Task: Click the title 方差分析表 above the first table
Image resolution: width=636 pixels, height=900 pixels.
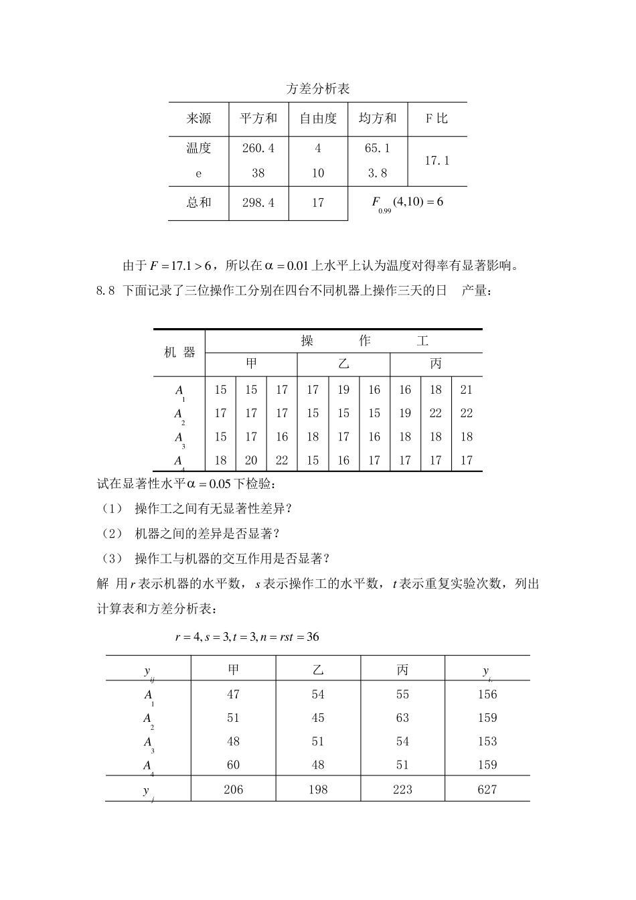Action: point(318,88)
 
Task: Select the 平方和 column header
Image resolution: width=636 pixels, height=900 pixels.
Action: point(258,119)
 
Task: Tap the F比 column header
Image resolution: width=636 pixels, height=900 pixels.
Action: point(436,119)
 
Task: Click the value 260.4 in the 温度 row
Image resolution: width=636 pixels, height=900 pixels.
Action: point(258,148)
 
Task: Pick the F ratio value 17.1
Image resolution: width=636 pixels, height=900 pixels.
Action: point(437,161)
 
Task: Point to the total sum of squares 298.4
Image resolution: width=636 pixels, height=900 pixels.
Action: point(258,202)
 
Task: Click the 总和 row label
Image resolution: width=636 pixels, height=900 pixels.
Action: point(199,202)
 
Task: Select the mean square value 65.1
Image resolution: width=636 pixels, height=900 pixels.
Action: point(378,148)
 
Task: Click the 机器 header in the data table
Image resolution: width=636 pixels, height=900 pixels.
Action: point(179,352)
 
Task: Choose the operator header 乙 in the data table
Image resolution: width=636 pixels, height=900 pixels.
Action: point(343,364)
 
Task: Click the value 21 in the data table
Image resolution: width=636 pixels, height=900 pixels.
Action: point(467,390)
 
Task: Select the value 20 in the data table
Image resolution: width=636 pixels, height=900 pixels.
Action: point(251,460)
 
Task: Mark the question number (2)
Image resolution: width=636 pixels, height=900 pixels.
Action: point(112,533)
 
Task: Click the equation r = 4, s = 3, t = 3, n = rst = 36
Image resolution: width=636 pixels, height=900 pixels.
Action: point(246,637)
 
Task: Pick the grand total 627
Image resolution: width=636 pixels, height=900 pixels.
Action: point(487,790)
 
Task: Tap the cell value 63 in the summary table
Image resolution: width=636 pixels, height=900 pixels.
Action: point(402,718)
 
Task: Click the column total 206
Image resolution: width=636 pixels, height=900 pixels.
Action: point(233,790)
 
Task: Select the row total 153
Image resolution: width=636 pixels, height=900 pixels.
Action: point(487,741)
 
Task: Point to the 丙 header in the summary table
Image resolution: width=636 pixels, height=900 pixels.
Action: point(402,668)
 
